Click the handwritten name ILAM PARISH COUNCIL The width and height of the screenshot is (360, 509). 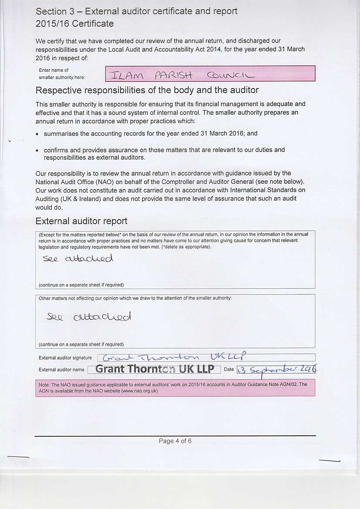click(182, 75)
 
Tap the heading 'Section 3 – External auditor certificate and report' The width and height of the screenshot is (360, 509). click(136, 11)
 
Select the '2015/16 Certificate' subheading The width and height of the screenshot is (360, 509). click(75, 24)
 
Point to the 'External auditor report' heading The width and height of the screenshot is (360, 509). click(82, 221)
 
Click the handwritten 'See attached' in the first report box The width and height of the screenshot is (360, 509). click(78, 259)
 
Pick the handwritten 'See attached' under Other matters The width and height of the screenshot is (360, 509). click(89, 317)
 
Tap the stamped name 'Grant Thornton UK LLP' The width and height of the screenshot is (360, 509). click(155, 369)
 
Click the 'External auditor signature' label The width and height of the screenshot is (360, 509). click(65, 358)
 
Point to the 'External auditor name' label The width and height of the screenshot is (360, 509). click(61, 370)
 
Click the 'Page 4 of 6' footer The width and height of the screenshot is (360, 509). click(175, 441)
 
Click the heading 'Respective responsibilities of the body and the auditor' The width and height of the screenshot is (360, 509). click(147, 90)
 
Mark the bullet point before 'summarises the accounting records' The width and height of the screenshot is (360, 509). click(38, 134)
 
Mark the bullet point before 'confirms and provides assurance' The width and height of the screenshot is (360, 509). click(38, 150)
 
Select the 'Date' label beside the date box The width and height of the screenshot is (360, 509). click(229, 369)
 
